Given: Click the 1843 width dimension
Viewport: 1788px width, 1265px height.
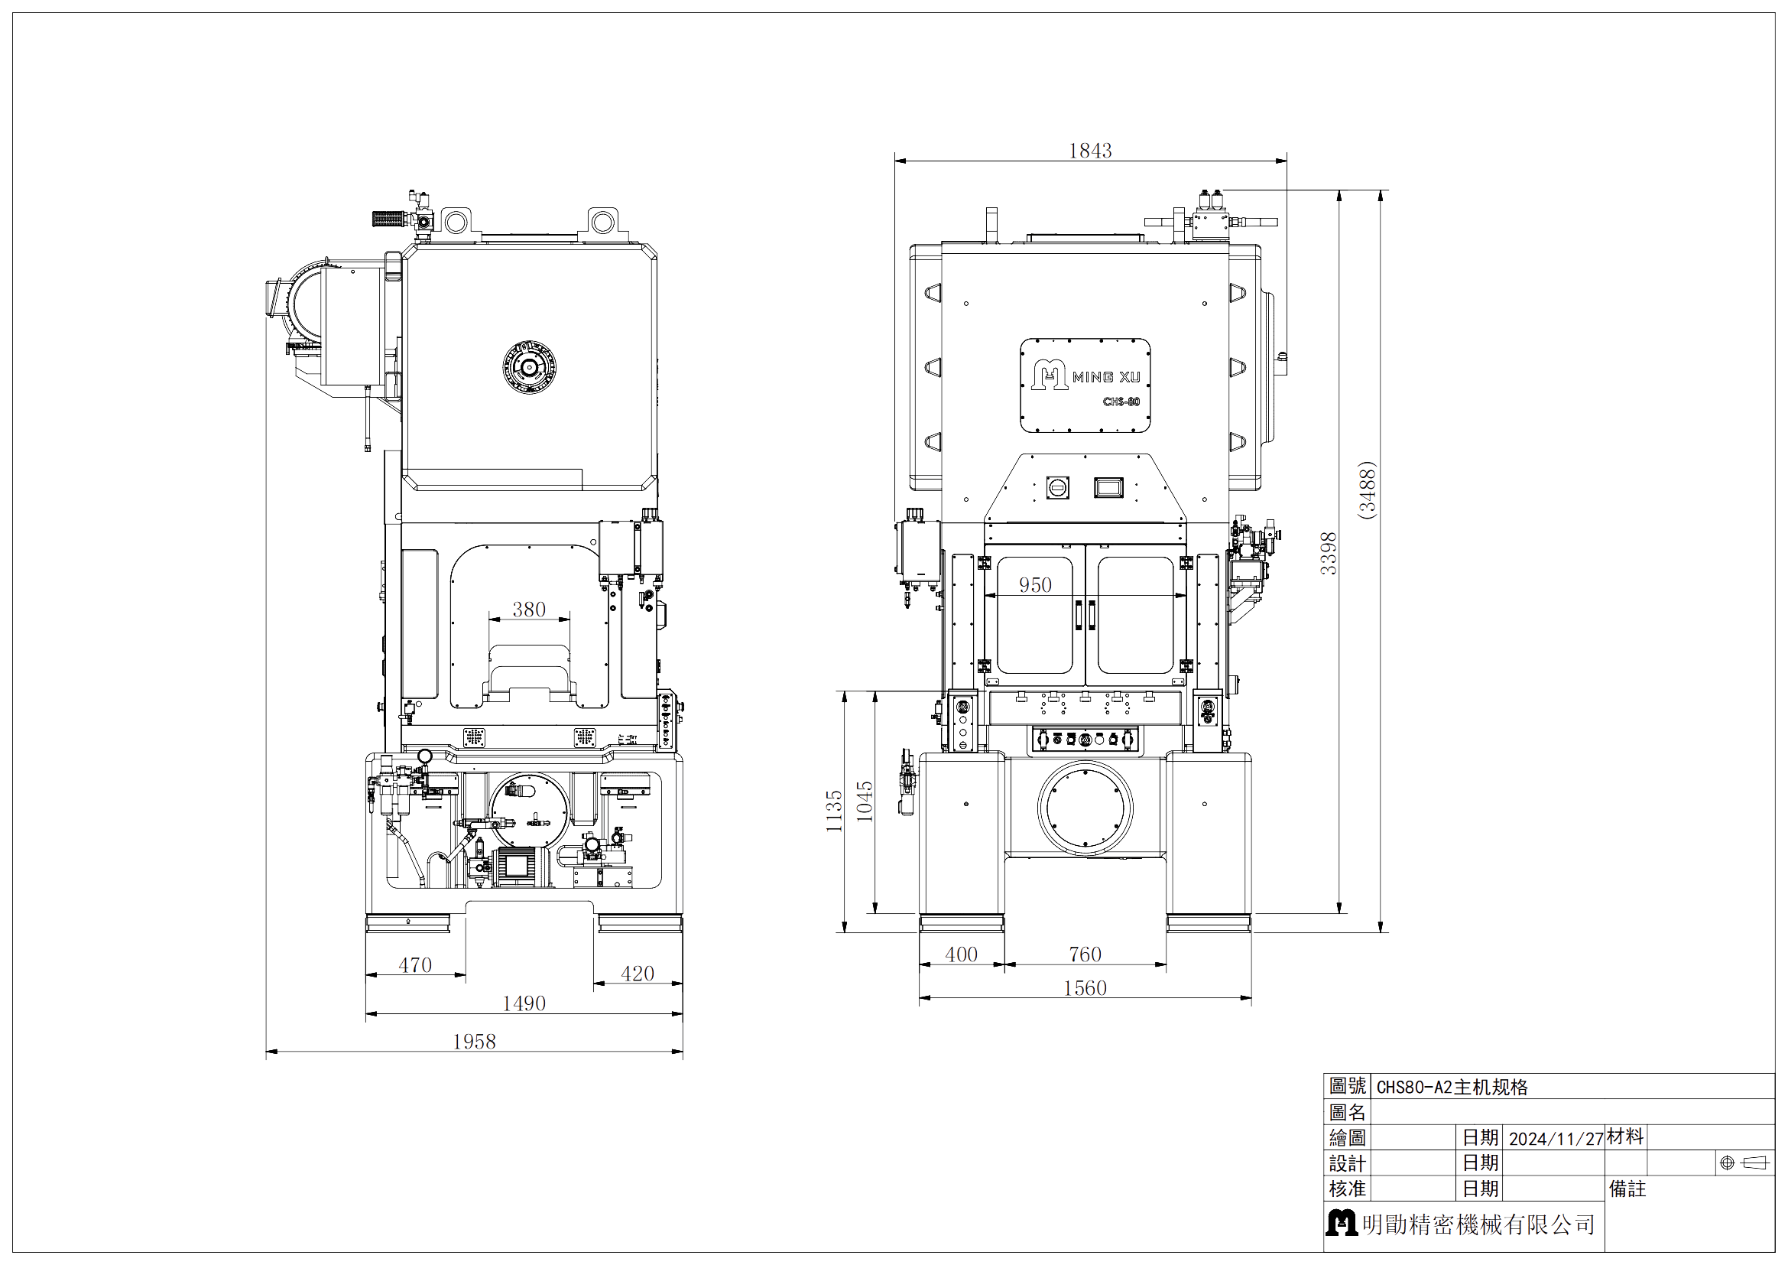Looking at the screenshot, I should pos(1089,151).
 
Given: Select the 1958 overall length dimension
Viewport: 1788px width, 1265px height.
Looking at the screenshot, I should pos(474,1042).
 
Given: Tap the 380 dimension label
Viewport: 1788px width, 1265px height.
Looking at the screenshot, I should pos(529,609).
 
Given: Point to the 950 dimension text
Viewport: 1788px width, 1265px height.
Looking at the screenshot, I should pos(1035,585).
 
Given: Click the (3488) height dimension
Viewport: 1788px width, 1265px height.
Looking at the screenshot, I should pos(1367,490).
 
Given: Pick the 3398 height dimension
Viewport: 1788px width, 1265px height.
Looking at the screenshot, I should pos(1329,553).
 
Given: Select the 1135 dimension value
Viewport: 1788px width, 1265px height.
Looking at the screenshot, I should pos(834,811).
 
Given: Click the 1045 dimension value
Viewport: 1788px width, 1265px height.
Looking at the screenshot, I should pos(865,801).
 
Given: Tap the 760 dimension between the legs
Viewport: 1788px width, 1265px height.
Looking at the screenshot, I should pos(1085,954).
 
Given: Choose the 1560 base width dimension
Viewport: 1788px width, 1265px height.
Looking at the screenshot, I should pos(1085,987).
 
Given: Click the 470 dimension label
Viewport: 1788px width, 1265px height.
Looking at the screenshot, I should pos(415,965).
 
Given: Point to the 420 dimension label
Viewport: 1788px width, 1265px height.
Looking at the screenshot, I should pos(637,974).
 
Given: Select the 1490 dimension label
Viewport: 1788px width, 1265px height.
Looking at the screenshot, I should pos(524,1003).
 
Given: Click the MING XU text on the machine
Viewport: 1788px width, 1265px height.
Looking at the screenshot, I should pos(1106,377).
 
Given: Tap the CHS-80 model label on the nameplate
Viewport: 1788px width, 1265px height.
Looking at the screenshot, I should pos(1121,402).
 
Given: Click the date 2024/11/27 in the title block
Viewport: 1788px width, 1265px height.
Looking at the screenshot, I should pos(1555,1139).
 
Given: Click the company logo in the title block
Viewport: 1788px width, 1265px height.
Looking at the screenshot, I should pos(1341,1223).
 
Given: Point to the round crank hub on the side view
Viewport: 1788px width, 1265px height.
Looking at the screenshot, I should pos(530,367).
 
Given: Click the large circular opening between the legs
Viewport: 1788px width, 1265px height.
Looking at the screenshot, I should pos(1085,808).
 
